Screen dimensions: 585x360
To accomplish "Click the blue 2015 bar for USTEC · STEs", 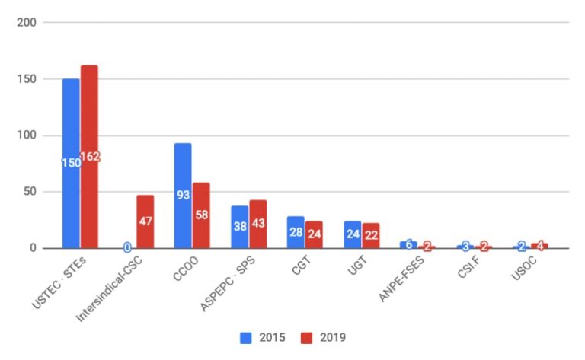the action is (71, 164).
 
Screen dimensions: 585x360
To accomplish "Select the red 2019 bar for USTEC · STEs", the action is (90, 157).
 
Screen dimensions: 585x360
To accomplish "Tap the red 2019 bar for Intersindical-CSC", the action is (145, 221).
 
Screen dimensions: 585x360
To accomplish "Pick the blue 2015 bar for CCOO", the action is (183, 196).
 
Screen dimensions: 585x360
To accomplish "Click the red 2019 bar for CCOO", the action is (201, 215).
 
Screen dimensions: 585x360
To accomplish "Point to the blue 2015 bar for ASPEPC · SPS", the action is (239, 227).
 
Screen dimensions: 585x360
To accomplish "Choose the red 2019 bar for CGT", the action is (314, 234).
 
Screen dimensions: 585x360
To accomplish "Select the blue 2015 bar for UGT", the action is (353, 234).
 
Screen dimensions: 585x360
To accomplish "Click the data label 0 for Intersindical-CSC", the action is (127, 247).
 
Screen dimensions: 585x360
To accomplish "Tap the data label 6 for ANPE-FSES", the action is (409, 244).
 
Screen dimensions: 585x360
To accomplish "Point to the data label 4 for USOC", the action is (539, 246).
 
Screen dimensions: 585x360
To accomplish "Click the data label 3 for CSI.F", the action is (465, 246).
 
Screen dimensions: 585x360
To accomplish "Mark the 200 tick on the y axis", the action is (27, 23).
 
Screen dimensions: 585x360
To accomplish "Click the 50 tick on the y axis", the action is (30, 192).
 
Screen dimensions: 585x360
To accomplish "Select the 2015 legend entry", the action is (262, 338).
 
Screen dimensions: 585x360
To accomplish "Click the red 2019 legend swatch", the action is (306, 338).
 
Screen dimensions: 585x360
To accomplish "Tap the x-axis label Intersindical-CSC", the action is (109, 288).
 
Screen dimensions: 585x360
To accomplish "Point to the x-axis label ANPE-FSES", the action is (401, 279).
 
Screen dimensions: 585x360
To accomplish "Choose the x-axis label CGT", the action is (301, 266).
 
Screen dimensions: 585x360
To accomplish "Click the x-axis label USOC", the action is (524, 268).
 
